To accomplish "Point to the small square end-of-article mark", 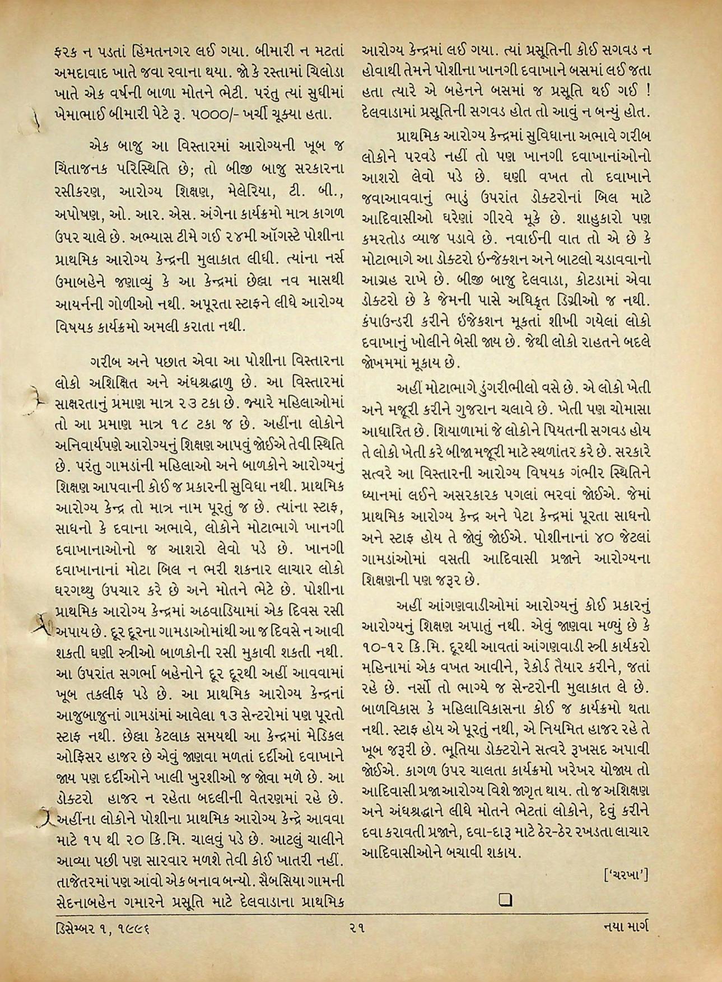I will pyautogui.click(x=506, y=899).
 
